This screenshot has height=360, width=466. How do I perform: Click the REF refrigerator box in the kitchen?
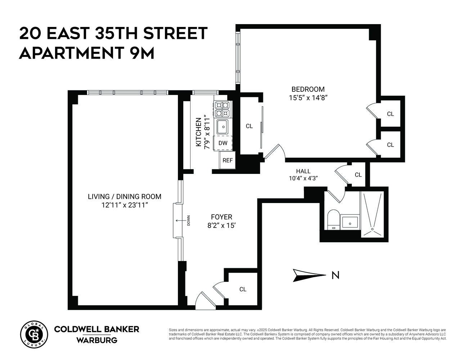[227, 161]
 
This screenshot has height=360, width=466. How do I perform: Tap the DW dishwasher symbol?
[223, 143]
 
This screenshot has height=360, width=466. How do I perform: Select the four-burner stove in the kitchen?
[222, 109]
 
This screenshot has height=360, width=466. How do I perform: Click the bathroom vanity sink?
[350, 222]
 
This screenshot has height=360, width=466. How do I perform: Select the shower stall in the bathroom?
[372, 214]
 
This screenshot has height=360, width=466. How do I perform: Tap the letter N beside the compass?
[335, 275]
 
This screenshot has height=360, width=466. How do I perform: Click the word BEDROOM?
[308, 89]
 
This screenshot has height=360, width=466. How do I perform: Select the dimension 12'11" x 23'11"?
[125, 205]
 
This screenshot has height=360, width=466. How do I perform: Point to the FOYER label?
[221, 217]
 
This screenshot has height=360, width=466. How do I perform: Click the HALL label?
[303, 171]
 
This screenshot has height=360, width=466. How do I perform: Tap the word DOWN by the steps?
[188, 220]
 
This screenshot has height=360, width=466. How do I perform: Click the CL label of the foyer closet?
[243, 289]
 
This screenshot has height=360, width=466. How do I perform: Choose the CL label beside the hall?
[358, 175]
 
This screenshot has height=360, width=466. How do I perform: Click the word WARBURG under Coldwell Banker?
[97, 340]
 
